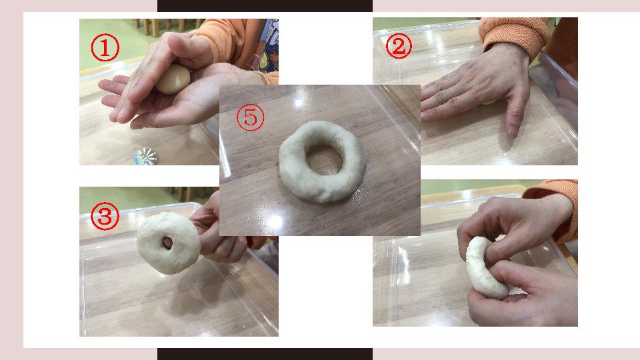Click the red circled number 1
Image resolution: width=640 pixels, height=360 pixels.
pos(105,47)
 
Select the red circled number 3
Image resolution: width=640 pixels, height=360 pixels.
pos(105,216)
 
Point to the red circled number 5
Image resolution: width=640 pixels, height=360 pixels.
pos(250,117)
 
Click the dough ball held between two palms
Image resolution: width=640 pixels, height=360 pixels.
pos(173,79)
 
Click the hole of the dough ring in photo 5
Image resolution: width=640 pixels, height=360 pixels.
pos(325,159)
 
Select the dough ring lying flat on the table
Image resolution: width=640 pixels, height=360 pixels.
pos(323,161)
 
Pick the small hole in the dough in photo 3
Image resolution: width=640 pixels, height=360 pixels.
pos(168,243)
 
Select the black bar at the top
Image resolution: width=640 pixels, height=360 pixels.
pos(265,6)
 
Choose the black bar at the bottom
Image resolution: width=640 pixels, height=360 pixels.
pos(265,354)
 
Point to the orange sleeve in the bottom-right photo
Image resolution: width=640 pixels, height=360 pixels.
pos(556,208)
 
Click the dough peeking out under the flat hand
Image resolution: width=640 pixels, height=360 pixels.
pos(489,102)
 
